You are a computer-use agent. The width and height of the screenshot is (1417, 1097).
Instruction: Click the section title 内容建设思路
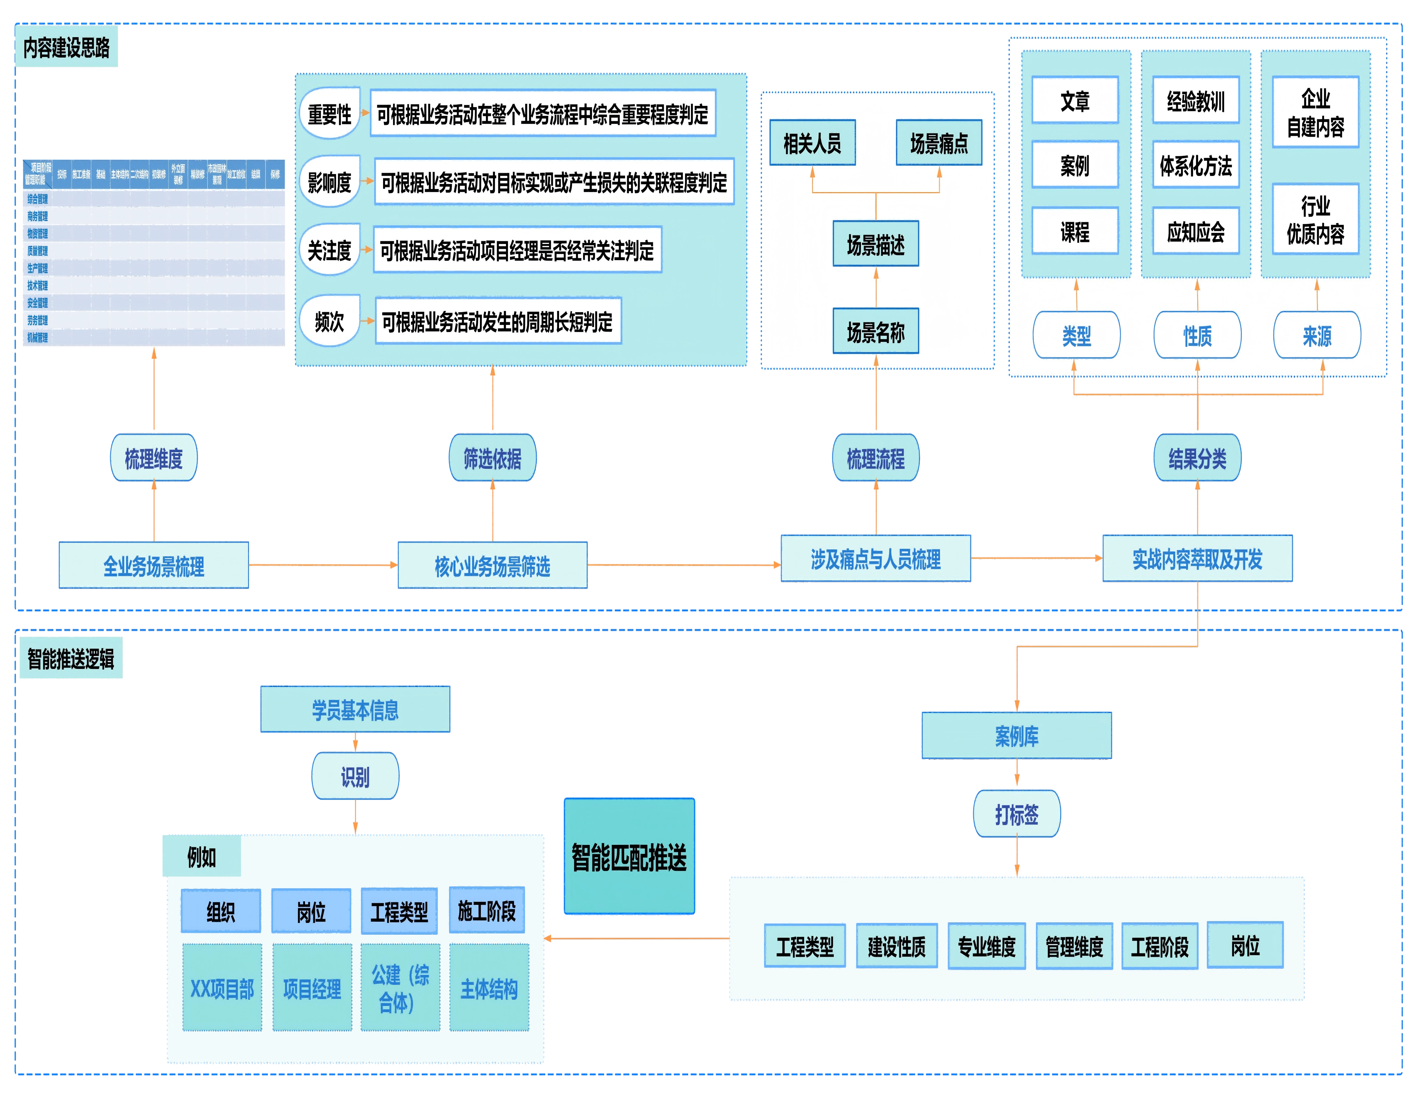(66, 47)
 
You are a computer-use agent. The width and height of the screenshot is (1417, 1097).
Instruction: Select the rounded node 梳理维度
(154, 458)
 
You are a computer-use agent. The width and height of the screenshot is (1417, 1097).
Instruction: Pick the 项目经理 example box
(312, 988)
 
